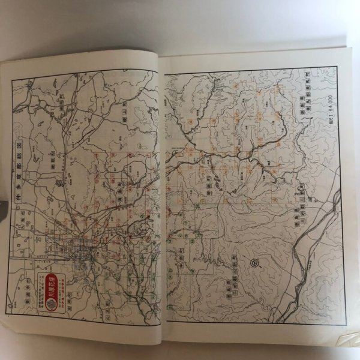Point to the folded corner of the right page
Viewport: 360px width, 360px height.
[x=346, y=339]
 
